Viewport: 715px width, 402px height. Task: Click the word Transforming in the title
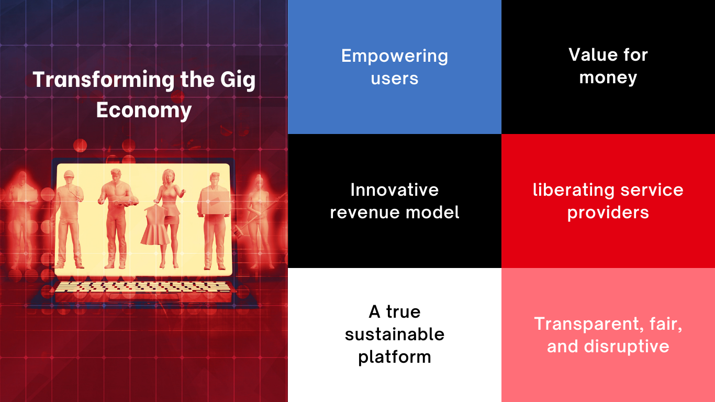[104, 80]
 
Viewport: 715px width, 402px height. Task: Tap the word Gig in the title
[238, 80]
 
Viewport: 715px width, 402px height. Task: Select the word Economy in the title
[144, 110]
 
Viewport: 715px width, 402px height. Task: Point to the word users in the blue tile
[395, 79]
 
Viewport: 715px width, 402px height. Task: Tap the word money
[608, 78]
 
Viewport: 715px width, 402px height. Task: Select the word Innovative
[395, 189]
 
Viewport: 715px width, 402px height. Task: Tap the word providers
[608, 213]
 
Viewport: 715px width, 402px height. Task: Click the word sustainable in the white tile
[395, 334]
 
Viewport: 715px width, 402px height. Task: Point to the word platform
[395, 358]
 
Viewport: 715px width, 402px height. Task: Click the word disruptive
[627, 347]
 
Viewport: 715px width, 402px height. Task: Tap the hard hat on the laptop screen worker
[69, 174]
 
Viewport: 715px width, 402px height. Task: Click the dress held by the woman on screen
[155, 226]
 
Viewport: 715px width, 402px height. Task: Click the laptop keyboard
[142, 287]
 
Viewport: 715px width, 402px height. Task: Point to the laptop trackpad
[144, 297]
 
